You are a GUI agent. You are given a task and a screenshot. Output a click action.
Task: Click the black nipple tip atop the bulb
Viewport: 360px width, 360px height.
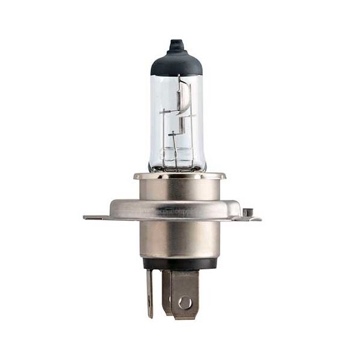(x=176, y=45)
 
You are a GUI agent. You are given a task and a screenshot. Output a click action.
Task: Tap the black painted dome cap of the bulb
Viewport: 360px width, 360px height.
(x=176, y=64)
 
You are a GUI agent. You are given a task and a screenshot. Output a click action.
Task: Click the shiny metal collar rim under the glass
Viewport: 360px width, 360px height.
(x=179, y=176)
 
